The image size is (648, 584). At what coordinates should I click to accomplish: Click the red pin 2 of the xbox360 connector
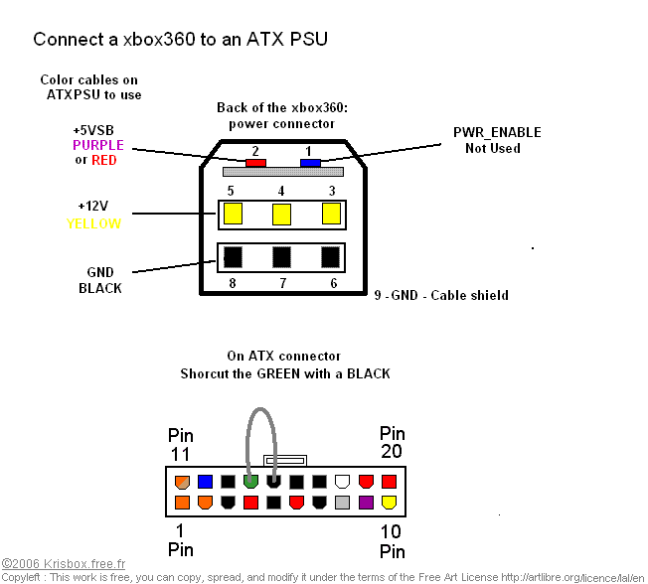[254, 162]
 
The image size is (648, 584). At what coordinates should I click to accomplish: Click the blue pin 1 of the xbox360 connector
[310, 162]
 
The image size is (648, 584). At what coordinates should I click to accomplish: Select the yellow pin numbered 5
[233, 213]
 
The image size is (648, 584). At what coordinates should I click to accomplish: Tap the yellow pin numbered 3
[332, 213]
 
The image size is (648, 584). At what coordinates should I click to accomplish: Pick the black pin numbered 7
[282, 256]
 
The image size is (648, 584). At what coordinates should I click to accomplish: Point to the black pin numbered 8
[233, 256]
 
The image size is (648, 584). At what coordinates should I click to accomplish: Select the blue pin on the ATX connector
[205, 482]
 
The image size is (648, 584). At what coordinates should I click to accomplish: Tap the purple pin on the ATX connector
[366, 503]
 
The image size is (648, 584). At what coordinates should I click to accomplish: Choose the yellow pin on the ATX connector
[389, 503]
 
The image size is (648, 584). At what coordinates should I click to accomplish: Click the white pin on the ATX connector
[343, 482]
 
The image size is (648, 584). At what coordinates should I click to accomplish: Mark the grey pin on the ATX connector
[343, 503]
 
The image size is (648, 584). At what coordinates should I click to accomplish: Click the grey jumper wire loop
[261, 417]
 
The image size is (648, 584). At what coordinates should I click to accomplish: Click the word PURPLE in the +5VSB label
[98, 145]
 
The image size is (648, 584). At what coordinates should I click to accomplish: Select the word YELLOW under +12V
[94, 223]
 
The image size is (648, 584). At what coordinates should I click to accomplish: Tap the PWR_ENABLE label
[497, 132]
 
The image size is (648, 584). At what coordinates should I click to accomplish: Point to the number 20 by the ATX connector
[393, 453]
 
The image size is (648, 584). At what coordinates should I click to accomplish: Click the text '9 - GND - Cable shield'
[441, 295]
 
